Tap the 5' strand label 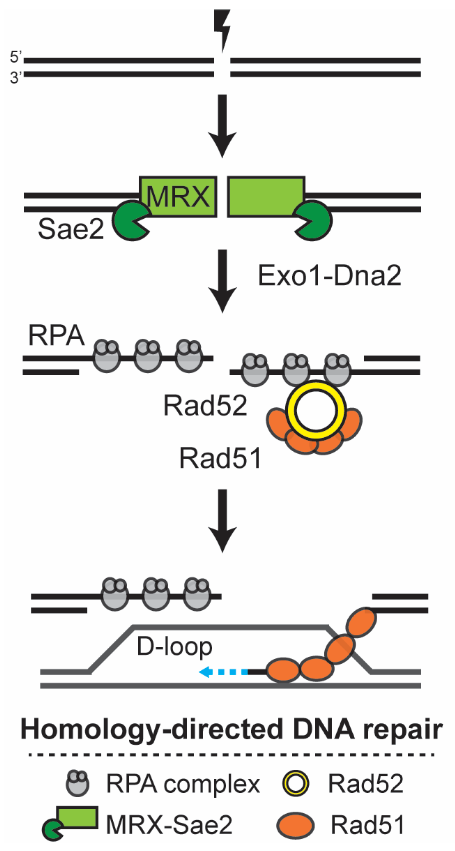[16, 57]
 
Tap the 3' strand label [16, 77]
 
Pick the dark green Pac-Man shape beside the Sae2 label [130, 221]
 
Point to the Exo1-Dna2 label [329, 276]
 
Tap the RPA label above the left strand [56, 336]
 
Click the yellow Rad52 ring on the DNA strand [315, 410]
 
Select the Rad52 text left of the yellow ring [205, 406]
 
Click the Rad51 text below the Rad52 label [220, 458]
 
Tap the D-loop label [174, 646]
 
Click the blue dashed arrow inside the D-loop [223, 671]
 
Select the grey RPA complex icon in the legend [78, 783]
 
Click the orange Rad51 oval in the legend [295, 825]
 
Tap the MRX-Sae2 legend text [169, 825]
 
